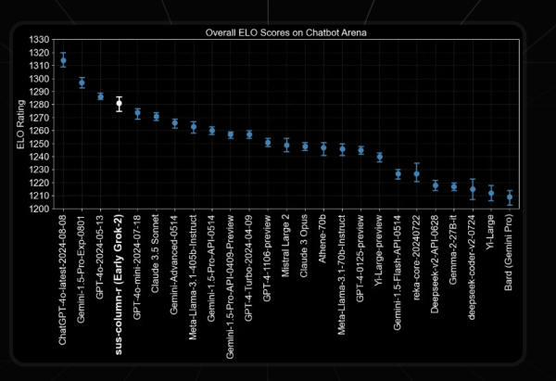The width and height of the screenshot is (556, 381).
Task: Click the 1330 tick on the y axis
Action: coord(40,40)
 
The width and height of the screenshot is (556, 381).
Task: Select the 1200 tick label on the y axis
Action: coord(40,210)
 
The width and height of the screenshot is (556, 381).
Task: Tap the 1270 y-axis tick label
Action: coord(40,118)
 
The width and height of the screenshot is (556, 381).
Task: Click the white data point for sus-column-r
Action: coord(119,104)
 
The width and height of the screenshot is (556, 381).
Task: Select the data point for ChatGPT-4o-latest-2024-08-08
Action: coord(63,60)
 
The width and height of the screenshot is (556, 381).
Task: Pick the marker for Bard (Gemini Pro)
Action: coord(510,197)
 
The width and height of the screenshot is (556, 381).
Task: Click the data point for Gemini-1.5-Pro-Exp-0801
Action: coord(82,83)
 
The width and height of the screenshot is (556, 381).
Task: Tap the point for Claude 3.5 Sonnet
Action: coord(156,117)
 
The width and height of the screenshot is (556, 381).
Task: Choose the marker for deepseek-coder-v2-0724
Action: coord(473,189)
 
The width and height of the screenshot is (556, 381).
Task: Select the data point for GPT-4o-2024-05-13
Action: coord(100,96)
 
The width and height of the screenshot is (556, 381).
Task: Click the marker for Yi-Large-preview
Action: coord(379,157)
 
